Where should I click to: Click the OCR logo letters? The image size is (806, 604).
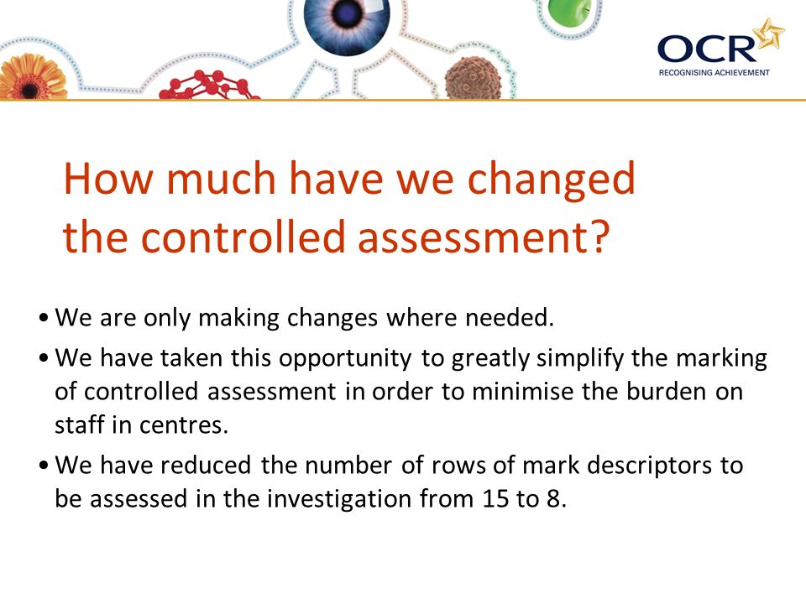click(707, 49)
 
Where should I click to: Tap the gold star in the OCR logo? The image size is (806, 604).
click(769, 34)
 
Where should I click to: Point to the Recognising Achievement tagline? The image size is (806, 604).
click(714, 73)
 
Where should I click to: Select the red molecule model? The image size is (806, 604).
click(209, 86)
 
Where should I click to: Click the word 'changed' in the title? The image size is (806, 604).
click(551, 178)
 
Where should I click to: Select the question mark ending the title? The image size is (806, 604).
click(599, 237)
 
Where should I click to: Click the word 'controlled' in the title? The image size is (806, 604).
click(243, 237)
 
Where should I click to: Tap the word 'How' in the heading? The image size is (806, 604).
click(108, 178)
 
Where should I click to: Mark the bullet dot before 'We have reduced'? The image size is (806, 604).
click(44, 466)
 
